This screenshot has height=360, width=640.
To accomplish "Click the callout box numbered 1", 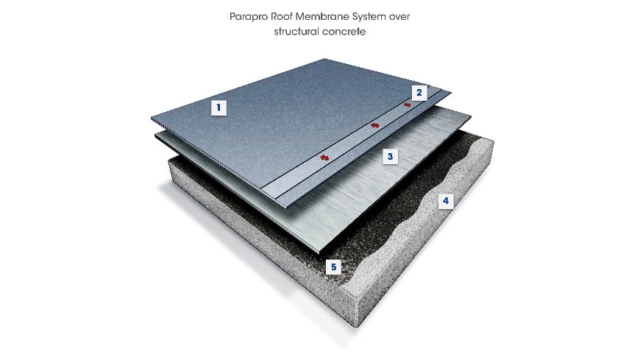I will pyautogui.click(x=217, y=107).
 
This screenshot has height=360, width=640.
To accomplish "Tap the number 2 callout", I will pyautogui.click(x=419, y=93).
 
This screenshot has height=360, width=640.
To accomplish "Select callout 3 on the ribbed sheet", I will pyautogui.click(x=391, y=156).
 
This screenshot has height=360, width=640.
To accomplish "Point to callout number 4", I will pyautogui.click(x=444, y=200).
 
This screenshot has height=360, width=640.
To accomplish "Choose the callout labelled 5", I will pyautogui.click(x=335, y=267).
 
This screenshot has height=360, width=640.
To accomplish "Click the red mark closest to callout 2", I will pyautogui.click(x=407, y=105).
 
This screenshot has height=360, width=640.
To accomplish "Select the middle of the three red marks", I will pyautogui.click(x=374, y=125).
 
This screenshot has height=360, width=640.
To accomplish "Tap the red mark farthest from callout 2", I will pyautogui.click(x=323, y=157).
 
